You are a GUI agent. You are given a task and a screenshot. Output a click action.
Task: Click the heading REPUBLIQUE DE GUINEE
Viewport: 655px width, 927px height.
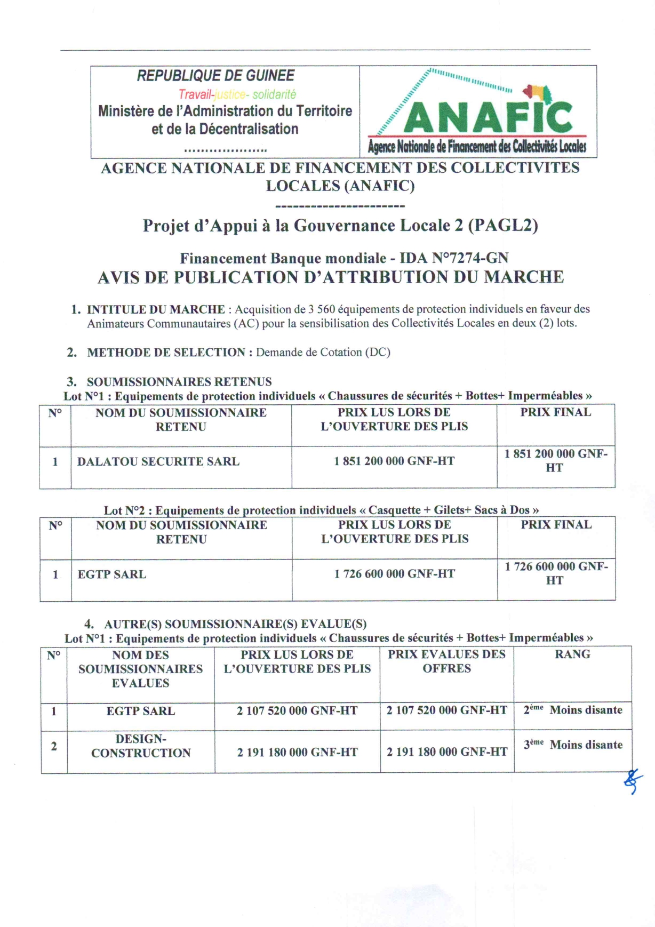pyautogui.click(x=215, y=76)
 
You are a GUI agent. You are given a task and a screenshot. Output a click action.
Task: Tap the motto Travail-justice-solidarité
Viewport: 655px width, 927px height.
pyautogui.click(x=237, y=94)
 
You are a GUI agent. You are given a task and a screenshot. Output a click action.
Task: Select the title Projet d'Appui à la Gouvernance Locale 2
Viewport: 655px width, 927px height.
pyautogui.click(x=340, y=226)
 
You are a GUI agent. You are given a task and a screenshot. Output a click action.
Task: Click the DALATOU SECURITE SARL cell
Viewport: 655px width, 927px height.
pyautogui.click(x=158, y=461)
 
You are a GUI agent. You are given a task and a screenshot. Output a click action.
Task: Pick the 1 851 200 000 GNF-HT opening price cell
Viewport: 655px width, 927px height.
pyautogui.click(x=394, y=461)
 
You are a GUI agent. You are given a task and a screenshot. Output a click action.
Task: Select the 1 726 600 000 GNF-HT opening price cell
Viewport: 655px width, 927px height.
pyautogui.click(x=395, y=574)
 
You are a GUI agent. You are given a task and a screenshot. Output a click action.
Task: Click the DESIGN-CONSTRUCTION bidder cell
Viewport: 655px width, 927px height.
pyautogui.click(x=141, y=746)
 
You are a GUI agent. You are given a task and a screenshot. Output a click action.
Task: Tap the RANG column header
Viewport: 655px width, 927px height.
pyautogui.click(x=572, y=654)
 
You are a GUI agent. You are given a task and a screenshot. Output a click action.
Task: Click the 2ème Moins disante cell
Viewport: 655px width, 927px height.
pyautogui.click(x=573, y=710)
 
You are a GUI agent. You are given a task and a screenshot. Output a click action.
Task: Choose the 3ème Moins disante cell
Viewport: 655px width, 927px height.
pyautogui.click(x=573, y=745)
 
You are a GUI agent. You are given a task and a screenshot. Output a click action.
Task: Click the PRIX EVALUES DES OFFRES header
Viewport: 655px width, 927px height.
pyautogui.click(x=446, y=661)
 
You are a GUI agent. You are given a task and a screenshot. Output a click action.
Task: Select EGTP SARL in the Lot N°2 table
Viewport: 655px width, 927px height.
pyautogui.click(x=112, y=574)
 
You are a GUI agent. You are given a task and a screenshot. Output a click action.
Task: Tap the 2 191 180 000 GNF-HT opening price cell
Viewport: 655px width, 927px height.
pyautogui.click(x=297, y=752)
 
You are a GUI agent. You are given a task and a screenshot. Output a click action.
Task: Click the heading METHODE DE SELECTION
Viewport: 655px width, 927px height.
pyautogui.click(x=166, y=353)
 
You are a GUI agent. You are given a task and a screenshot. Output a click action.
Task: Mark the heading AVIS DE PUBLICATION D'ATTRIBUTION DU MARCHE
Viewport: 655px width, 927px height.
pyautogui.click(x=331, y=277)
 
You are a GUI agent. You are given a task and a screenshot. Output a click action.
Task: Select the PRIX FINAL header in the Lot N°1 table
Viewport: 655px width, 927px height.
pyautogui.click(x=555, y=412)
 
